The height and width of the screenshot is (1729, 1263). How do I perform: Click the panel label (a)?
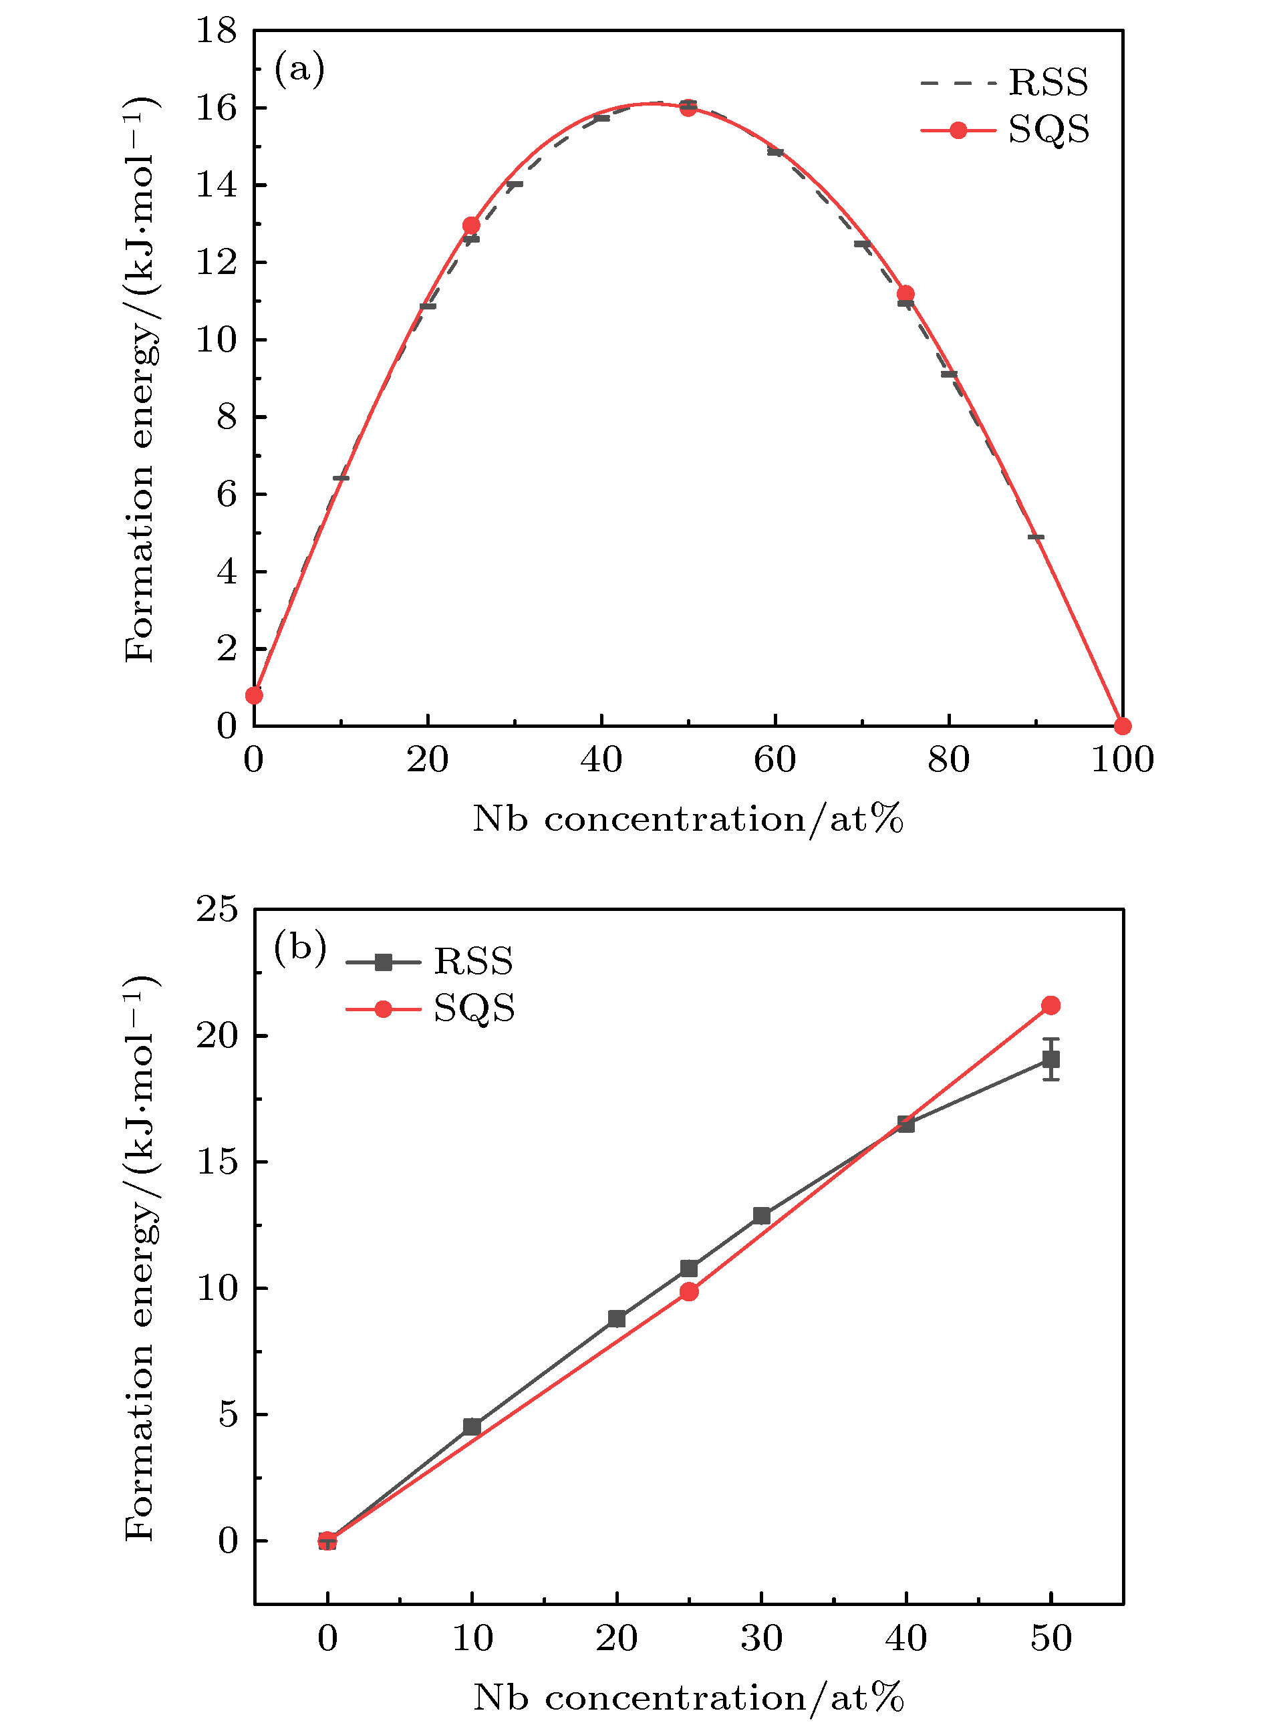[x=299, y=70]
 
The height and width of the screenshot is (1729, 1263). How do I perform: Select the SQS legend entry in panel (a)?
[x=1004, y=130]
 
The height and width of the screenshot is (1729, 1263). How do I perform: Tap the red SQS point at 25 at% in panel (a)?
[x=471, y=226]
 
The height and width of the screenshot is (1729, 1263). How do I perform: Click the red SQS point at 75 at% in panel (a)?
[x=905, y=293]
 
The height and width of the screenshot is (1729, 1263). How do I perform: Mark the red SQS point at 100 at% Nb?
[x=1121, y=726]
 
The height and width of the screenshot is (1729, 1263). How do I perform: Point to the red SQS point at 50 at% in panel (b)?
[x=1050, y=1005]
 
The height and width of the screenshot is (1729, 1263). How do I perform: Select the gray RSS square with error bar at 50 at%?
[x=1050, y=1059]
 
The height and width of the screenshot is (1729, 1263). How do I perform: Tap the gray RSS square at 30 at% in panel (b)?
[x=761, y=1215]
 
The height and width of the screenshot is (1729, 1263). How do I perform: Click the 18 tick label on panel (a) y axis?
[x=217, y=31]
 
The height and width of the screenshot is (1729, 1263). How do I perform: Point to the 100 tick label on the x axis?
[x=1121, y=760]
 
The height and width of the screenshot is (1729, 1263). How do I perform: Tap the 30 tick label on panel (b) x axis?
[x=761, y=1639]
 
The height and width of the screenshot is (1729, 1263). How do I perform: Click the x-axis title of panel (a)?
[x=688, y=820]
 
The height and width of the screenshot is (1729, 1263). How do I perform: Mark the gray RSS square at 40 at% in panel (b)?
[x=906, y=1123]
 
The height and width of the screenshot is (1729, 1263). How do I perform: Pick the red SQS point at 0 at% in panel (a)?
[x=254, y=695]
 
